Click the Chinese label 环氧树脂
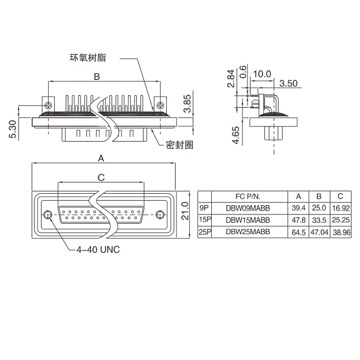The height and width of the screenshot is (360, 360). click(x=88, y=57)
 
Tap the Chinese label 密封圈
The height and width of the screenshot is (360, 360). click(x=179, y=144)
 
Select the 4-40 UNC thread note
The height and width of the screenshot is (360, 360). click(x=98, y=249)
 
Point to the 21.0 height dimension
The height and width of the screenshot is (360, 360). click(x=185, y=211)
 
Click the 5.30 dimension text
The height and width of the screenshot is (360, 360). click(x=13, y=129)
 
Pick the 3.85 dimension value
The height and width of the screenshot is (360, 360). click(x=187, y=103)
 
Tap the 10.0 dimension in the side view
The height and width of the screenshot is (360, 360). click(x=262, y=74)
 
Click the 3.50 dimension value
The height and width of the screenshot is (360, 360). click(x=288, y=83)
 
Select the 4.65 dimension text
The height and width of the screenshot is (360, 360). click(x=236, y=135)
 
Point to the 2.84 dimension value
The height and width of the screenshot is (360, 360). click(x=231, y=78)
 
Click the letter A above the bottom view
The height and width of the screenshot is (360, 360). click(x=101, y=158)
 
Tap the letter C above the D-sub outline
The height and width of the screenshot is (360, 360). click(x=101, y=177)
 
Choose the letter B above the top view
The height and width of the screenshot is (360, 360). click(x=97, y=77)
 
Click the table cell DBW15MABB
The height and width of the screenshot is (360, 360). click(x=248, y=220)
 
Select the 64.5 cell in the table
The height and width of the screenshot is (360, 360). click(x=299, y=232)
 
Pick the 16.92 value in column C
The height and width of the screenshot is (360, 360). click(x=341, y=208)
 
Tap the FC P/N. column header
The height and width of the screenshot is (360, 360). click(x=248, y=196)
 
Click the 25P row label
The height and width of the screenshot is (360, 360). click(x=205, y=232)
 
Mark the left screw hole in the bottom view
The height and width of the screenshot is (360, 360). click(x=48, y=214)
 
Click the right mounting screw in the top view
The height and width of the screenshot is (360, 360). click(x=160, y=106)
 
